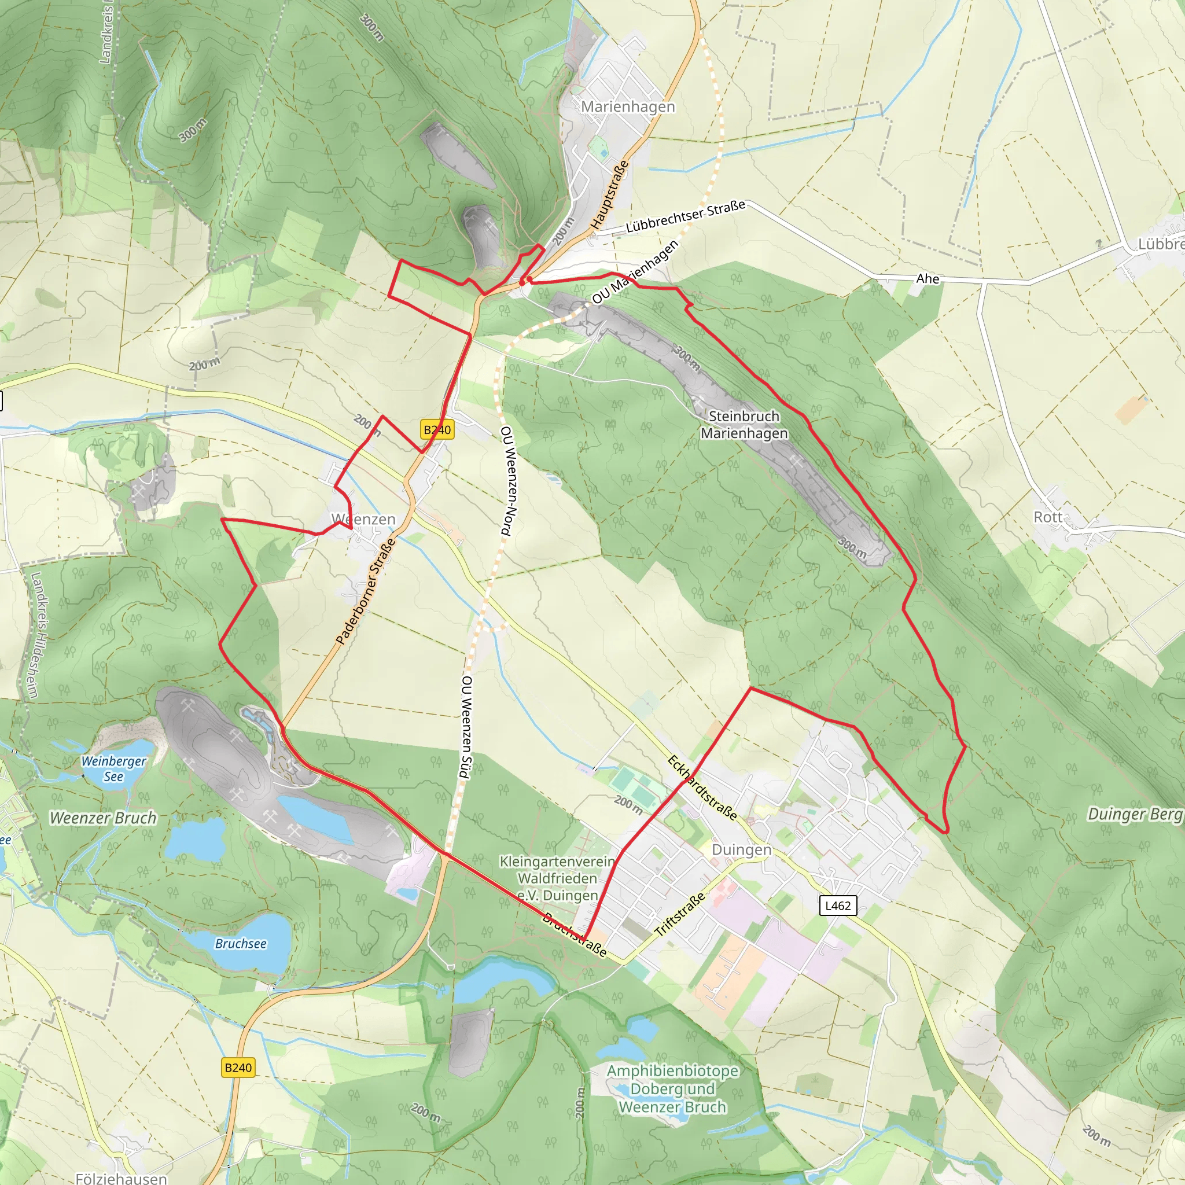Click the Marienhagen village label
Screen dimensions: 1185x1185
click(627, 106)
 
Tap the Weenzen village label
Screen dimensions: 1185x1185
click(363, 519)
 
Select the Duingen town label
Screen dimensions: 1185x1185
click(741, 850)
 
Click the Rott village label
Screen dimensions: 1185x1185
click(1048, 517)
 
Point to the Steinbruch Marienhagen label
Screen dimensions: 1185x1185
click(744, 425)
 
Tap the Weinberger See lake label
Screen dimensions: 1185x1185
click(113, 768)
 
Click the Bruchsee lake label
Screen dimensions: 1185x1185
click(241, 943)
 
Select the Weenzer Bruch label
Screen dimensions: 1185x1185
click(103, 818)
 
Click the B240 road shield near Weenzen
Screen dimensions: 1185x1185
click(437, 429)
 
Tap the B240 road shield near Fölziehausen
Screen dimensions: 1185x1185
click(238, 1068)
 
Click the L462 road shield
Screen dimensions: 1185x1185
click(838, 906)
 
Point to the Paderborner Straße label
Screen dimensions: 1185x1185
click(365, 591)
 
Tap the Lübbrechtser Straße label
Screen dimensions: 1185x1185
click(685, 216)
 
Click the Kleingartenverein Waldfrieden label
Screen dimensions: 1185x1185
click(557, 878)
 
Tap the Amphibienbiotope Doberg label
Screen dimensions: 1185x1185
click(672, 1089)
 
